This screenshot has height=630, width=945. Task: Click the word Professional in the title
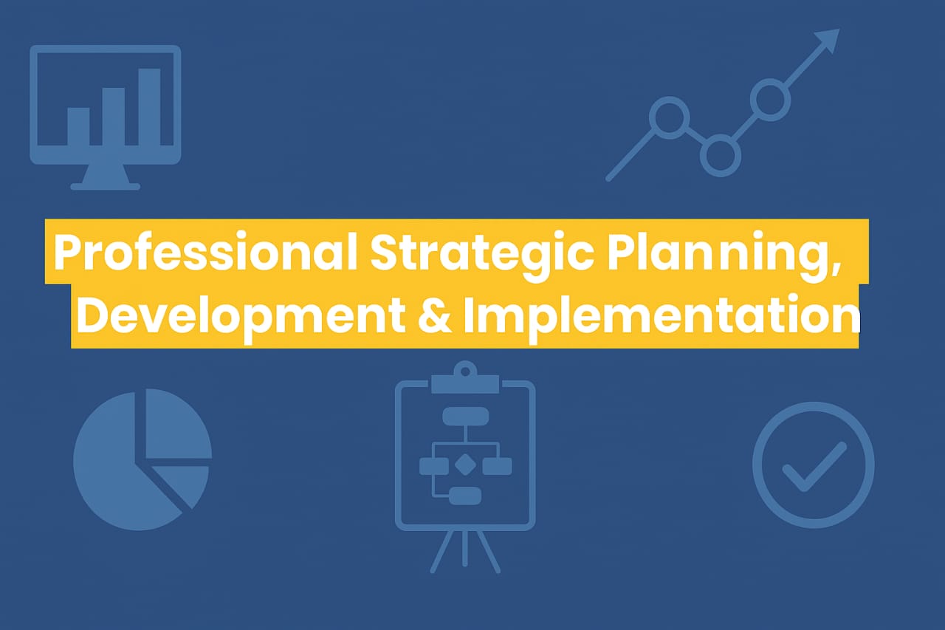click(206, 252)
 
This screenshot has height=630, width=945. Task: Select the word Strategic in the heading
click(483, 256)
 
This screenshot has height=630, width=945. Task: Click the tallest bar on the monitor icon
click(149, 107)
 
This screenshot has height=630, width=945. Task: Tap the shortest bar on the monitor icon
click(78, 126)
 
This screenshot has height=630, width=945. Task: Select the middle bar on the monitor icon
click(114, 117)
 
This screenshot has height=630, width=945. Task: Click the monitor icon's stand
click(105, 177)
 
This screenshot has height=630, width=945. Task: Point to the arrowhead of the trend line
click(828, 41)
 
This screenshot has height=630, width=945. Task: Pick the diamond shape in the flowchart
click(465, 465)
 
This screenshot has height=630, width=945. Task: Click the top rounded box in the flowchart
click(465, 417)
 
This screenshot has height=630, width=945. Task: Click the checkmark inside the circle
click(814, 467)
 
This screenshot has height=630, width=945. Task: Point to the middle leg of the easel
click(465, 548)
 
